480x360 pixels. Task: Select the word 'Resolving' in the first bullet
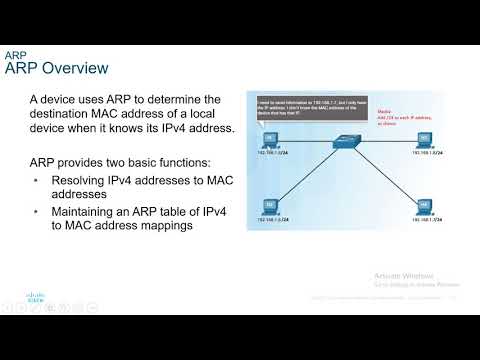pos(83,180)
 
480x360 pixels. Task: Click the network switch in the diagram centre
pos(351,143)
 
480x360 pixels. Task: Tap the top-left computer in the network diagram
pos(270,141)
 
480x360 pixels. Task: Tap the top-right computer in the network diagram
pos(424,140)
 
